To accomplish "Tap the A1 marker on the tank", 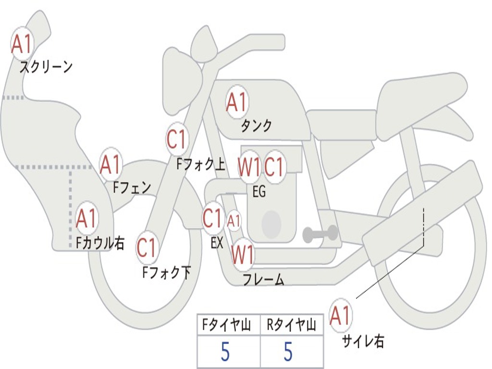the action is (237, 101).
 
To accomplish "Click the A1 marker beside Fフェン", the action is (111, 165).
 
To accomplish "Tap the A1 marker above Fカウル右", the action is (87, 219).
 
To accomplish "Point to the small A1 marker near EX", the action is (234, 221).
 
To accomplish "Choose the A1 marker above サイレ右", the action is (341, 316).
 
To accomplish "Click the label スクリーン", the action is (46, 67).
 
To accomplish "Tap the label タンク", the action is (256, 126).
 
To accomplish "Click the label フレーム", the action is (263, 280).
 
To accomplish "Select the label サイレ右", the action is (363, 342).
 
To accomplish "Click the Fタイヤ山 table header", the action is (228, 326).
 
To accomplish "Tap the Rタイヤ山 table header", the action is (292, 326).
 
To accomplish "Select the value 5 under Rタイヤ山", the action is (288, 352).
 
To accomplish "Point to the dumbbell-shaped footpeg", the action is (320, 234).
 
